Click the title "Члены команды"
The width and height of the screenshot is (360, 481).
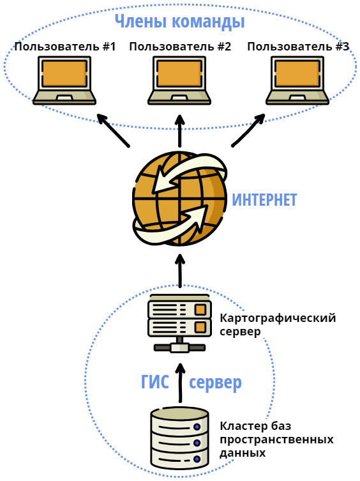(x=180, y=22)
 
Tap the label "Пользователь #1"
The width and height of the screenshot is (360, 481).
(x=65, y=47)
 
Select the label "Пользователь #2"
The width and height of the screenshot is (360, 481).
(x=180, y=47)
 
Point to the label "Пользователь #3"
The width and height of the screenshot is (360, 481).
(x=298, y=47)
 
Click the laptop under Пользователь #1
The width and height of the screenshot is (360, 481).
(x=64, y=80)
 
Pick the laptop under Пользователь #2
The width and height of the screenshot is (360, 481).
(x=179, y=80)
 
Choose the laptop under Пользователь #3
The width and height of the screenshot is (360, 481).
(x=297, y=80)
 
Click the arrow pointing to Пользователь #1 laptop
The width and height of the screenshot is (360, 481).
(x=113, y=130)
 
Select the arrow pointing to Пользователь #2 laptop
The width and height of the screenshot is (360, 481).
(x=180, y=131)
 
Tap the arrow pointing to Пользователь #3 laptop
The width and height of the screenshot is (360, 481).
(x=248, y=130)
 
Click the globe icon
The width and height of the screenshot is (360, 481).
(x=180, y=199)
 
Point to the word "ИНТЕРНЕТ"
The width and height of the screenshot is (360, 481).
(x=264, y=200)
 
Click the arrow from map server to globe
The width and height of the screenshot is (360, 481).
(x=180, y=271)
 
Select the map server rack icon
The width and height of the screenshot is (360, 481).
(x=180, y=323)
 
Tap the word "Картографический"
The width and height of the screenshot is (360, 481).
(x=278, y=318)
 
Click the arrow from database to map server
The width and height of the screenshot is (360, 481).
(x=180, y=383)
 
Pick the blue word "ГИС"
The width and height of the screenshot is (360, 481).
(x=155, y=382)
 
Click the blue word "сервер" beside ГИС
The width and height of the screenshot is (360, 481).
(x=215, y=383)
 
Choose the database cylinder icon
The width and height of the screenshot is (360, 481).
(x=180, y=438)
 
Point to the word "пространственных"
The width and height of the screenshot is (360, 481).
(x=276, y=440)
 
